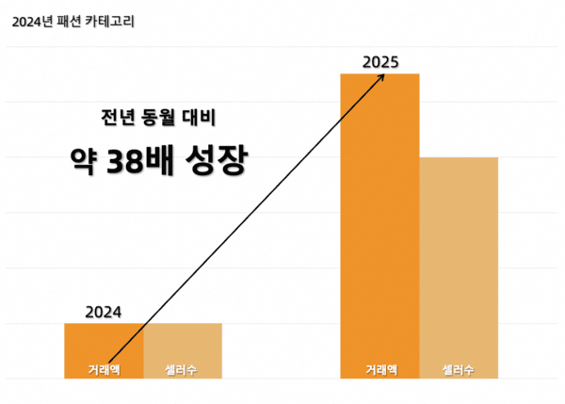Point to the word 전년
tap(115, 119)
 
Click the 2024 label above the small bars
tap(104, 312)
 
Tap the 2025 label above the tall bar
tap(380, 62)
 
